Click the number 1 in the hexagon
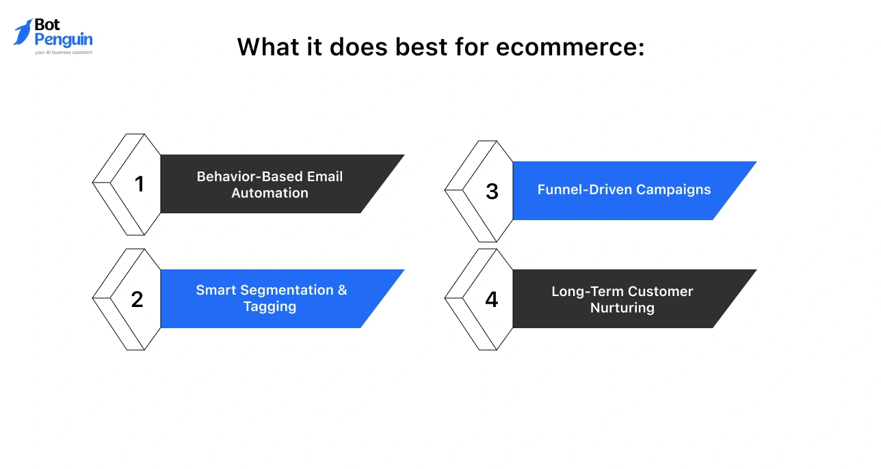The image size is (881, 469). (140, 185)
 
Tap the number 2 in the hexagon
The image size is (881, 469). (137, 299)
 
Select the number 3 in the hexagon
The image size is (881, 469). (492, 192)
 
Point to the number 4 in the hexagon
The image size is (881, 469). (491, 299)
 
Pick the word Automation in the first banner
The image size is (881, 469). (269, 193)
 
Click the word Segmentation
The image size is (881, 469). (282, 290)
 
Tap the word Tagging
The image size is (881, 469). (269, 306)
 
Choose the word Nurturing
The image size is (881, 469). (622, 308)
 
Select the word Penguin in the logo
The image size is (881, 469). (63, 40)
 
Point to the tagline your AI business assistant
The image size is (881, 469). (63, 52)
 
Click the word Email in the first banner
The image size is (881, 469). (325, 176)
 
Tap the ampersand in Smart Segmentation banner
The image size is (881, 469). (342, 290)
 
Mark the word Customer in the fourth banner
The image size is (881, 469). (661, 291)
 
